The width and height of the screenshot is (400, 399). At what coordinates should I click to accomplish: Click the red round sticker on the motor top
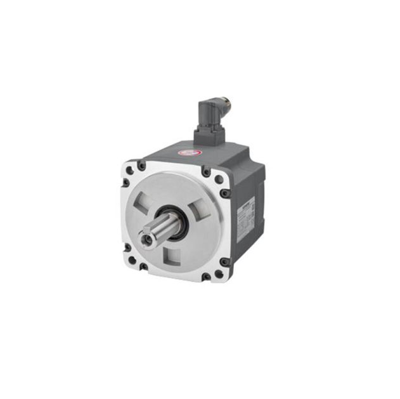click(x=188, y=152)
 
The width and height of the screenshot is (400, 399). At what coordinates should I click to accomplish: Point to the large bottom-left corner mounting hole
click(x=129, y=251)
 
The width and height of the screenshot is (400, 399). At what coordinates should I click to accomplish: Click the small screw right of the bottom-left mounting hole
click(x=143, y=265)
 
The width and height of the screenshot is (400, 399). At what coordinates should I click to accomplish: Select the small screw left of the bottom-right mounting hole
click(x=204, y=277)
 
